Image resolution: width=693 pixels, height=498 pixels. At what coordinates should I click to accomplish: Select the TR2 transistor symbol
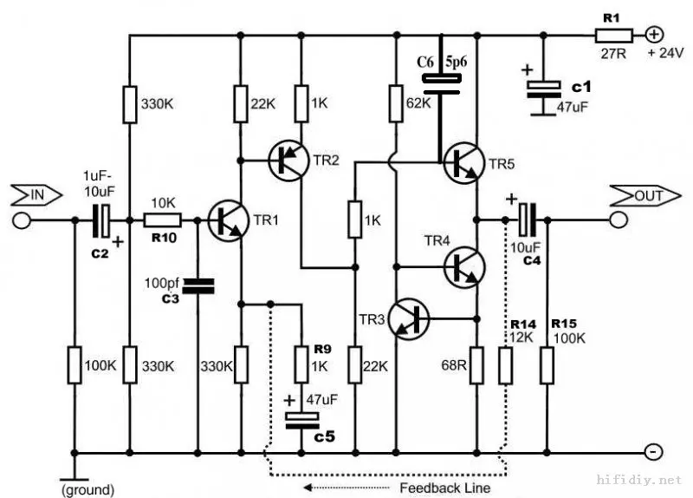[x=286, y=161]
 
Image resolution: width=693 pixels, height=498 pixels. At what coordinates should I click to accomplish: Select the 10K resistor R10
[x=163, y=220]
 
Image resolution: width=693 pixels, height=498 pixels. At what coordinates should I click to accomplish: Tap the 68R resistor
[x=478, y=365]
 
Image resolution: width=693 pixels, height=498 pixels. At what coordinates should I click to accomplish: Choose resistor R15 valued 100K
[x=547, y=365]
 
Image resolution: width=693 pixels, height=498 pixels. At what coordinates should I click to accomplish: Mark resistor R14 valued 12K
[x=505, y=365]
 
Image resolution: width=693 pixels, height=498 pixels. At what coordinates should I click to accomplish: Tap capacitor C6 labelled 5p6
[x=441, y=82]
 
